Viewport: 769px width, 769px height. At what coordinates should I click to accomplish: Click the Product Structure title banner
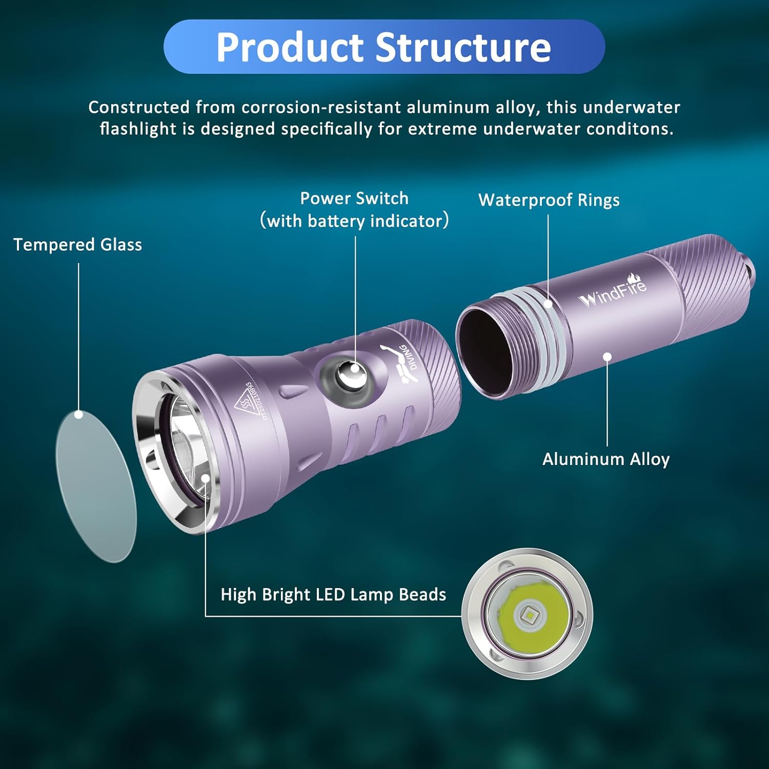pyautogui.click(x=384, y=47)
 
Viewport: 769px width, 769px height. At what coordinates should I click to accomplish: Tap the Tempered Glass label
pyautogui.click(x=77, y=245)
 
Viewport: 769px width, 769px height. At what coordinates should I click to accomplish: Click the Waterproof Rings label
pyautogui.click(x=549, y=200)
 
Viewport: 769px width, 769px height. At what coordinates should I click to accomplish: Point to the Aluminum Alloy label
pyautogui.click(x=606, y=459)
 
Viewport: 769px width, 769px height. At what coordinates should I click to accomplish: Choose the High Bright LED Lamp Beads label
pyautogui.click(x=333, y=594)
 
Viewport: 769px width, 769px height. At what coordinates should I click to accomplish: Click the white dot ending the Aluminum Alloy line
pyautogui.click(x=608, y=356)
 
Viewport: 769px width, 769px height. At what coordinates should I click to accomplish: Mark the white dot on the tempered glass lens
pyautogui.click(x=79, y=414)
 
